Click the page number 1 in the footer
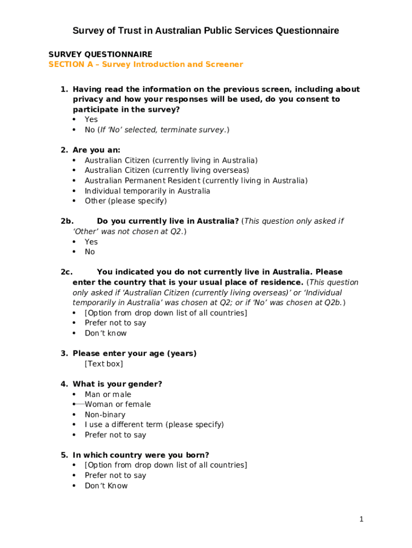click(x=362, y=519)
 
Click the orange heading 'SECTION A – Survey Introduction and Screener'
click(x=146, y=65)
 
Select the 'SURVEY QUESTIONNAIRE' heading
click(x=100, y=55)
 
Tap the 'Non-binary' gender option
click(x=105, y=415)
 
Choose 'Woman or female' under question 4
click(x=118, y=405)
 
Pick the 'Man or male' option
click(x=108, y=394)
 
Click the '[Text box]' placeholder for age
click(x=104, y=364)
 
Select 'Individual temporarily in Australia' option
click(x=147, y=191)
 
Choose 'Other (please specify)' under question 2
click(x=126, y=201)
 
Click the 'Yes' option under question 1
click(x=91, y=120)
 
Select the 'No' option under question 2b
click(x=89, y=252)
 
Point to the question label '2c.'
click(x=66, y=272)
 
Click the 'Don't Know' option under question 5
click(x=106, y=486)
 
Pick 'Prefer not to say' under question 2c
click(x=115, y=323)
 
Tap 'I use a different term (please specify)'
click(x=154, y=425)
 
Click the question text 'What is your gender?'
click(x=117, y=384)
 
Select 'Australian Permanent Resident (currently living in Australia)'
click(x=196, y=181)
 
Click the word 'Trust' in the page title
click(x=127, y=31)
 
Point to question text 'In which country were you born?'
click(x=141, y=455)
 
